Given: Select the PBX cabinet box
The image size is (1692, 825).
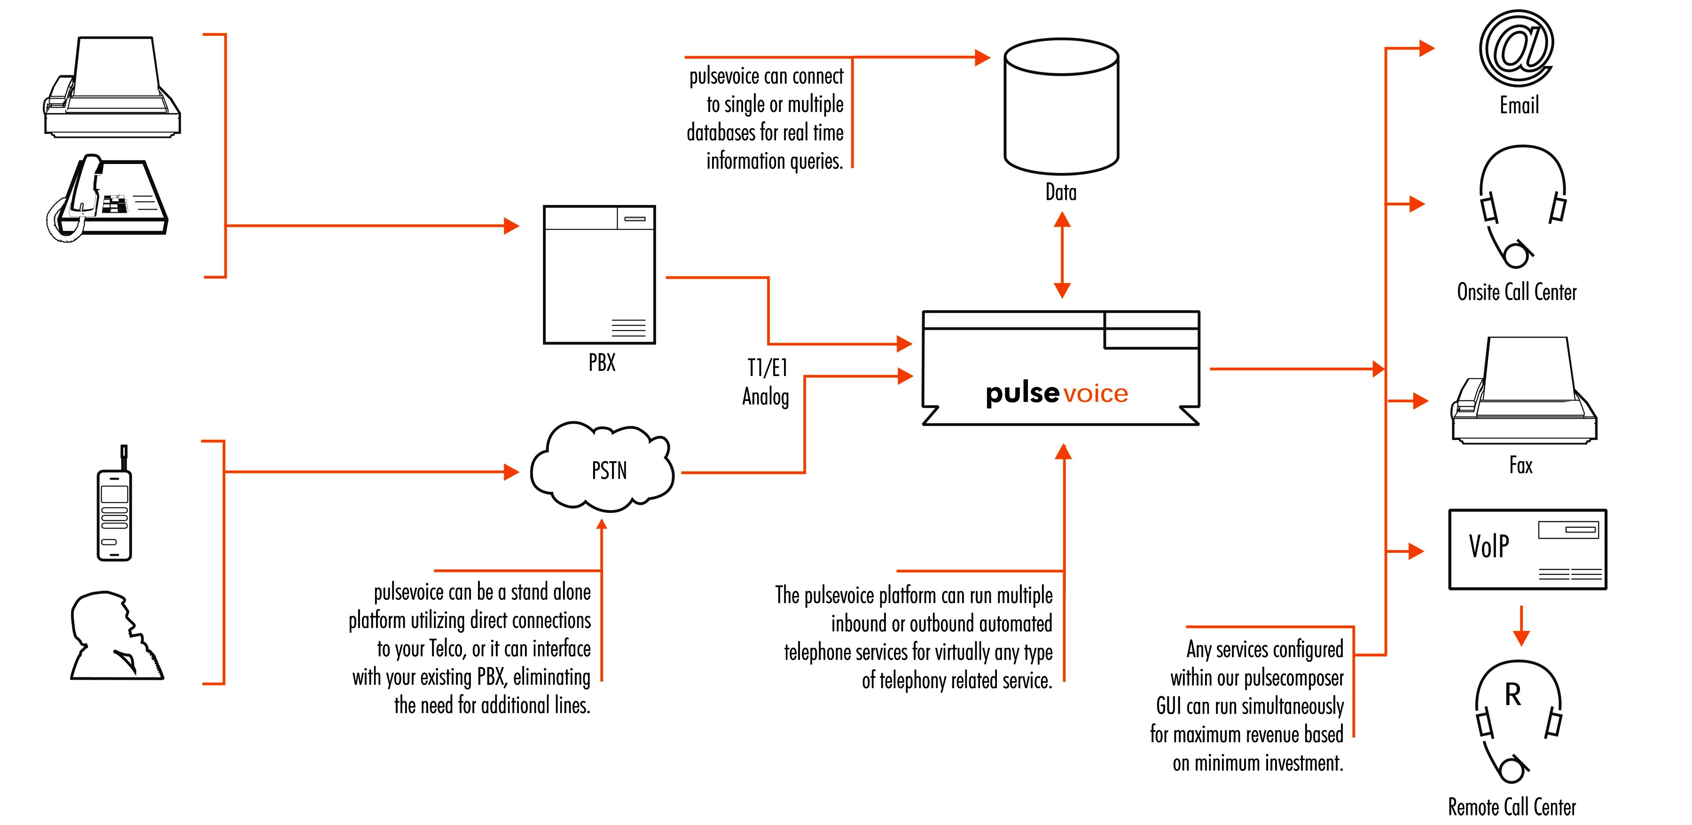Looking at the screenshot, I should (599, 275).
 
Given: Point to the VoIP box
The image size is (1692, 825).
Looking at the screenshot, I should (1527, 549).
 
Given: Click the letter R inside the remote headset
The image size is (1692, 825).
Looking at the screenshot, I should (1512, 695).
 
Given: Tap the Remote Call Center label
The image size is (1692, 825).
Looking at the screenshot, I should (1512, 807).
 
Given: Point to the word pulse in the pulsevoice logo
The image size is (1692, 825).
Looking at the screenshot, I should (1022, 393).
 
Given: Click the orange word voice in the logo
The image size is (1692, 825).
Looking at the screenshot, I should (1096, 394).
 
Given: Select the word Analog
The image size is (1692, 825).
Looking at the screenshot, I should (765, 397).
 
